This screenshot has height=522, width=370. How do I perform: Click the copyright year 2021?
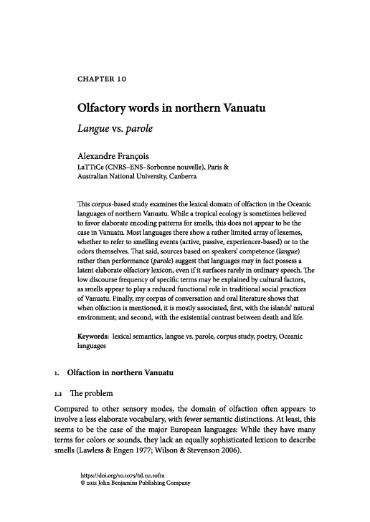tap(96, 484)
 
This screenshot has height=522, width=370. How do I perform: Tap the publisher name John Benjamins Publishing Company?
tap(149, 484)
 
